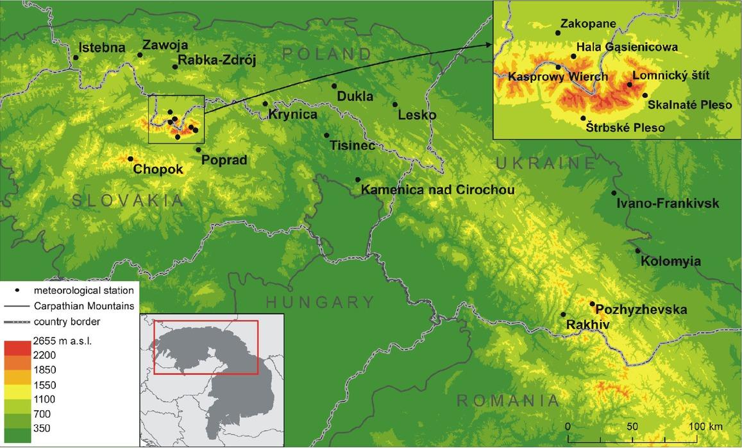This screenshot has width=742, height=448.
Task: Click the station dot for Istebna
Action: pyautogui.click(x=76, y=57)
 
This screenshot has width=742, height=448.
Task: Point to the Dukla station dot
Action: pyautogui.click(x=334, y=85)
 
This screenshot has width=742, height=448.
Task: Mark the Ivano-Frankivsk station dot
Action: pyautogui.click(x=614, y=193)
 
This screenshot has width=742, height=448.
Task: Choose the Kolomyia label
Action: pyautogui.click(x=671, y=262)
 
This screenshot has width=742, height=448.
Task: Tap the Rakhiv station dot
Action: pyautogui.click(x=563, y=314)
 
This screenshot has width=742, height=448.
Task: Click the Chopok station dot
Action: pyautogui.click(x=130, y=159)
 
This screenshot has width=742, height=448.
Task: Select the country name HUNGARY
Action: pyautogui.click(x=319, y=302)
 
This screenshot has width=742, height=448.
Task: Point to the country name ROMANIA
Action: pyautogui.click(x=507, y=401)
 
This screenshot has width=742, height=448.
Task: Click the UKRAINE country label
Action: pyautogui.click(x=546, y=163)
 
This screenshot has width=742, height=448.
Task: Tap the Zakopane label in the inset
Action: pyautogui.click(x=588, y=24)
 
